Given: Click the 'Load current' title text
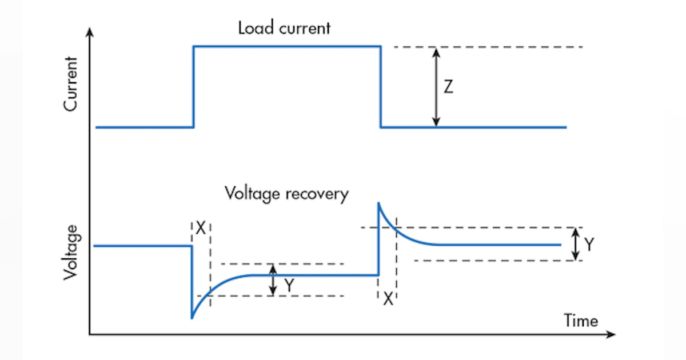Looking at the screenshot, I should pyautogui.click(x=284, y=28).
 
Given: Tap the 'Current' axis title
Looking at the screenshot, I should pyautogui.click(x=71, y=83).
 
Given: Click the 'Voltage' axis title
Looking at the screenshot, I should pyautogui.click(x=71, y=251).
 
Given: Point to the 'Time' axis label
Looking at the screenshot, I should pyautogui.click(x=581, y=320).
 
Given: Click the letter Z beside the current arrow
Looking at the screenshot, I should pyautogui.click(x=449, y=87).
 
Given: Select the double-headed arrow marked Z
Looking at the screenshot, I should pyautogui.click(x=436, y=86).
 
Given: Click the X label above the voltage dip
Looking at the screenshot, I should pyautogui.click(x=200, y=228).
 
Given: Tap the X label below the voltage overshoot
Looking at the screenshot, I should pyautogui.click(x=388, y=298).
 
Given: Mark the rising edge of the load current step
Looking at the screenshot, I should pyautogui.click(x=194, y=86).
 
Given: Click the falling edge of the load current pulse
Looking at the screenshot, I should pyautogui.click(x=381, y=86).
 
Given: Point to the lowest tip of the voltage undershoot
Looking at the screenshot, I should pyautogui.click(x=192, y=318).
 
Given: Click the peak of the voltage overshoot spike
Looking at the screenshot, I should pyautogui.click(x=378, y=203).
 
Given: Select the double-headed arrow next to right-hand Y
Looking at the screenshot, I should pyautogui.click(x=576, y=244).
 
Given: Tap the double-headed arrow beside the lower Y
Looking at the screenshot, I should pyautogui.click(x=273, y=279).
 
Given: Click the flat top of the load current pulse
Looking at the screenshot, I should pyautogui.click(x=286, y=46).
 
